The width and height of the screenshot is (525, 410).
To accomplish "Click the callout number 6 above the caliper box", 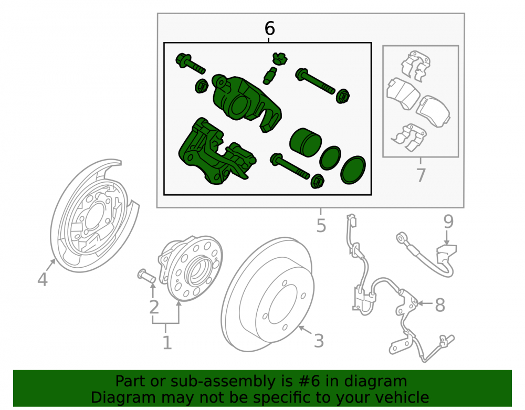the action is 269,28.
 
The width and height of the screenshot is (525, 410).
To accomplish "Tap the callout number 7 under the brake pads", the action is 421,175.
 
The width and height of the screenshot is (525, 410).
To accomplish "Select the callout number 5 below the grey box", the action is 321,226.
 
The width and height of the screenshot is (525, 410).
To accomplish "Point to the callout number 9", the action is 448,222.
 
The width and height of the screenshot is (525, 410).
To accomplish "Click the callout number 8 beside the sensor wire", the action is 440,305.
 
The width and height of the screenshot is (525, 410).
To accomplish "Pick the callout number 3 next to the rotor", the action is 319,341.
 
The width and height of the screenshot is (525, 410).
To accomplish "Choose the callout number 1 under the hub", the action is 167,342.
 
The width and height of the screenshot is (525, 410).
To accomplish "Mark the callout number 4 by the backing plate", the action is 43,279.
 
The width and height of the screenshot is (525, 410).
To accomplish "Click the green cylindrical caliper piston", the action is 305,142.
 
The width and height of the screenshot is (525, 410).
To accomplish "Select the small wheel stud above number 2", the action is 146,275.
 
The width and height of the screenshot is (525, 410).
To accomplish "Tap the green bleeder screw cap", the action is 280,59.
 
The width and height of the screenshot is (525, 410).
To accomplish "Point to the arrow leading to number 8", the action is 425,303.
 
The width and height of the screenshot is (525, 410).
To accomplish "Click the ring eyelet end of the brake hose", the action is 401,238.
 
